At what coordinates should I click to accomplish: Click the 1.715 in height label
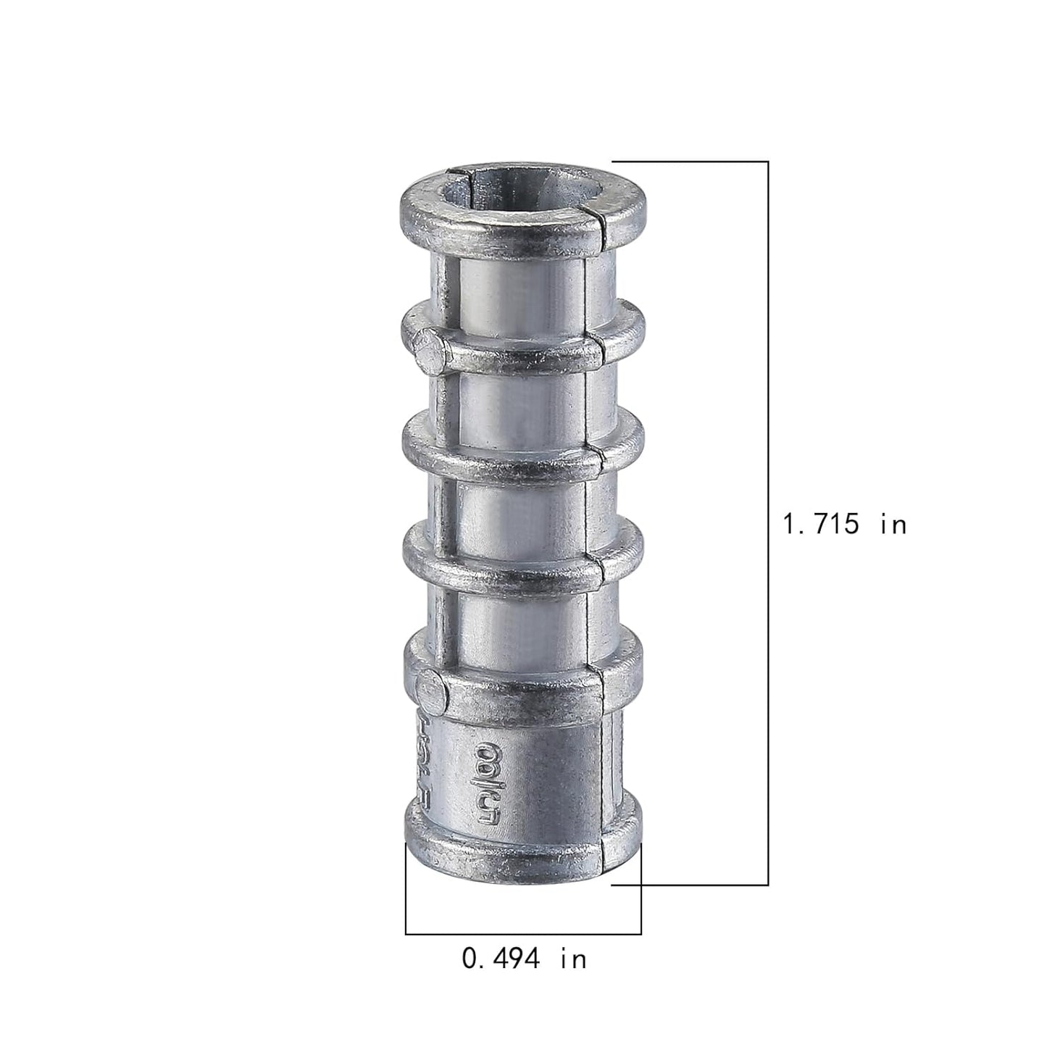tap(845, 523)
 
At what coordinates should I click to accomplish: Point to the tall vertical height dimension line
tap(767, 522)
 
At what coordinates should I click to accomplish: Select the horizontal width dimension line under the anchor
tap(523, 933)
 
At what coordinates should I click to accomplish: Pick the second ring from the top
tap(522, 348)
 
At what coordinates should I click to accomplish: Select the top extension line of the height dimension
tap(688, 161)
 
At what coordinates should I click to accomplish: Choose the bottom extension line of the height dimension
tap(688, 884)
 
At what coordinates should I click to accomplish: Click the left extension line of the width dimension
tap(406, 888)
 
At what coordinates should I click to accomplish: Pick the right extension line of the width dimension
tap(641, 888)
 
